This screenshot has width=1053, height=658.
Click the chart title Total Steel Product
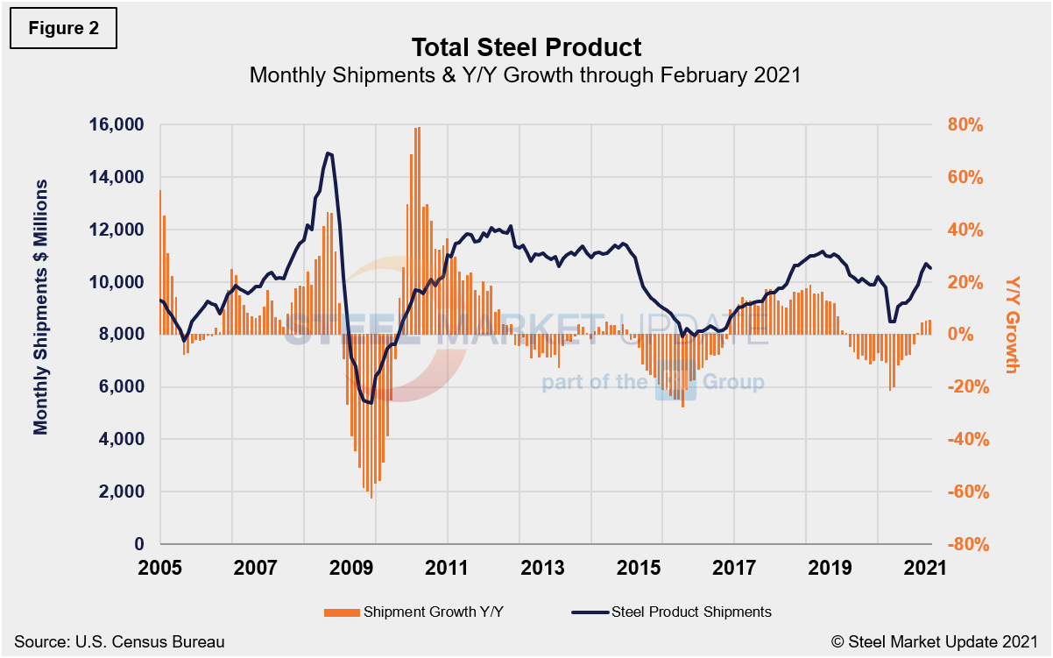point(526,46)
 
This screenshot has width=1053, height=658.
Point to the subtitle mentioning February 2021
point(526,75)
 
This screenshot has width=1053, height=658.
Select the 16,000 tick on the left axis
point(117,124)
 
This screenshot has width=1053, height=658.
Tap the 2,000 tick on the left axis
point(122,492)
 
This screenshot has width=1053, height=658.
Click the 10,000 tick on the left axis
point(117,282)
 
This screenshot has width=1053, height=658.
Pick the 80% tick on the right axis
point(967,124)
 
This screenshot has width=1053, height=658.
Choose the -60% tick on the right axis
point(965,492)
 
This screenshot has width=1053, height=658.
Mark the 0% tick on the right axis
point(963,335)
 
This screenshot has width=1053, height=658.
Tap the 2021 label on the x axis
point(925,568)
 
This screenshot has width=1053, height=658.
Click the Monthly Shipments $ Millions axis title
point(41,307)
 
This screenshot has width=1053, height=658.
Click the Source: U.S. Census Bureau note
point(119,642)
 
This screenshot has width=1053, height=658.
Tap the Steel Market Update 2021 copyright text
point(935,642)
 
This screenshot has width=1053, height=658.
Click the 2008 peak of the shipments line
point(328,152)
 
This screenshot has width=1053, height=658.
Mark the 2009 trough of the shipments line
point(370,403)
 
